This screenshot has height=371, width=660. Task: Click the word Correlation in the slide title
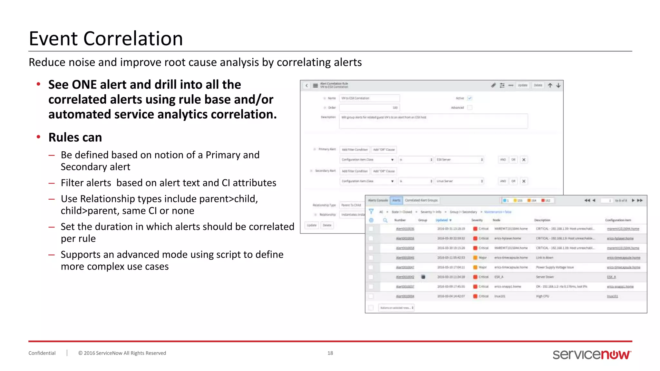[133, 39]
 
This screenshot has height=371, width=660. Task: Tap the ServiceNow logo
[592, 354]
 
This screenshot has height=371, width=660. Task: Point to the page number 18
[330, 353]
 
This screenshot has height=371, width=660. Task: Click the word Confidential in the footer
[42, 353]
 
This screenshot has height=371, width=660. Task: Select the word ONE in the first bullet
[84, 85]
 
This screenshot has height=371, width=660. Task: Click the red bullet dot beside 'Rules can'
[38, 137]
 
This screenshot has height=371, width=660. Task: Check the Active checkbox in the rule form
[470, 98]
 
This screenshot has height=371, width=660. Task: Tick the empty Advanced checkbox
[470, 108]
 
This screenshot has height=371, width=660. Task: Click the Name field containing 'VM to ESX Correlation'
[369, 98]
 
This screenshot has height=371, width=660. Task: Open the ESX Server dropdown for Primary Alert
[459, 160]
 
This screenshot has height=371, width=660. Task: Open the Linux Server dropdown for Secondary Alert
[459, 181]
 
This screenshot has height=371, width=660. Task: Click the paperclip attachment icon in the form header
[493, 85]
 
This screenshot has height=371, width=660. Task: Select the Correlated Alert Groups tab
[421, 200]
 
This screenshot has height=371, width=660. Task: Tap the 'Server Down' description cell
[545, 277]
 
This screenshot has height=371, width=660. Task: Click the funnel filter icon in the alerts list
[371, 212]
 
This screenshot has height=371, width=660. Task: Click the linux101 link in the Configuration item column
[612, 296]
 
